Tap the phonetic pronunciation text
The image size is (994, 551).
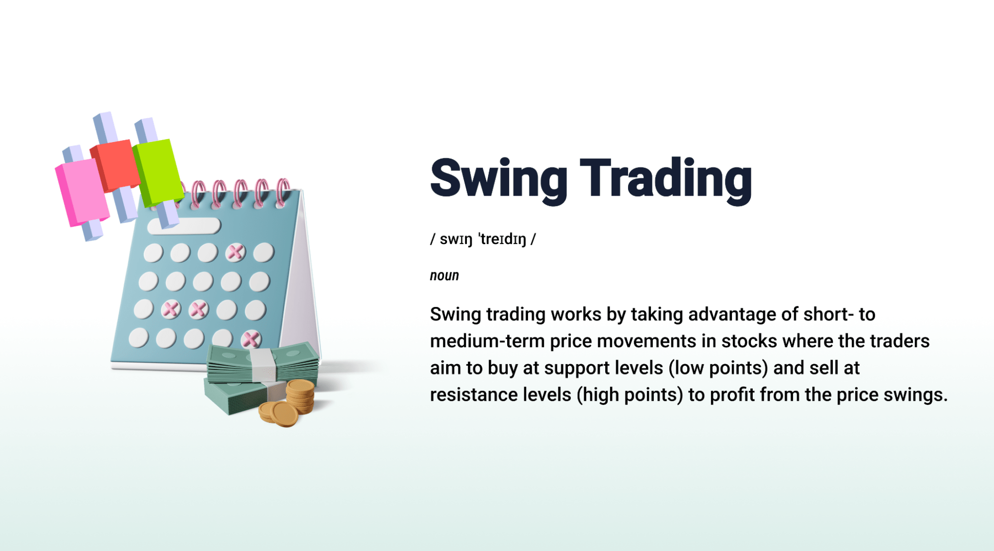tap(483, 239)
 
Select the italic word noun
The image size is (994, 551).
tap(445, 276)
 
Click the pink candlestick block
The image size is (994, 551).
tap(83, 191)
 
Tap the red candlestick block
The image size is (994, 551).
tap(115, 165)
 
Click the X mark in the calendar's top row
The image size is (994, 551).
tap(235, 252)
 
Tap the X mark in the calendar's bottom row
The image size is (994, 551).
tap(251, 339)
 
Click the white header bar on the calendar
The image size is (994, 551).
tap(184, 226)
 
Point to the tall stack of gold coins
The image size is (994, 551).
tap(300, 396)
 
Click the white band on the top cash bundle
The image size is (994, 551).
tap(263, 365)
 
